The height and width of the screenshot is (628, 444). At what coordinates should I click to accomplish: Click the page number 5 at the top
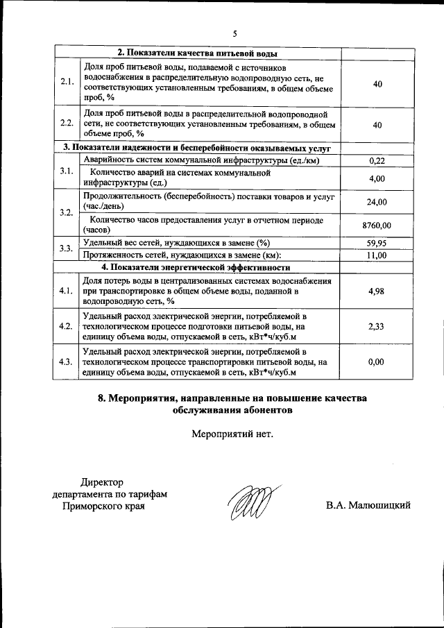tap(234, 34)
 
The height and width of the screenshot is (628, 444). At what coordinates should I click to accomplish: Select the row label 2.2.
tap(67, 124)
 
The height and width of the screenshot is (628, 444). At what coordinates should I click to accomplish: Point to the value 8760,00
tap(377, 225)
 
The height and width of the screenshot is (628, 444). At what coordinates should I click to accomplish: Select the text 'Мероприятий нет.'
tap(232, 434)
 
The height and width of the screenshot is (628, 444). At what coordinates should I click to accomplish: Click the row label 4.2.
tap(67, 326)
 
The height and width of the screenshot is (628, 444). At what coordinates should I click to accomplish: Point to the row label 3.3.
tap(67, 249)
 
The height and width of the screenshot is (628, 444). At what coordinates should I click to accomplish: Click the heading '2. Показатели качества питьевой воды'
tap(198, 53)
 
